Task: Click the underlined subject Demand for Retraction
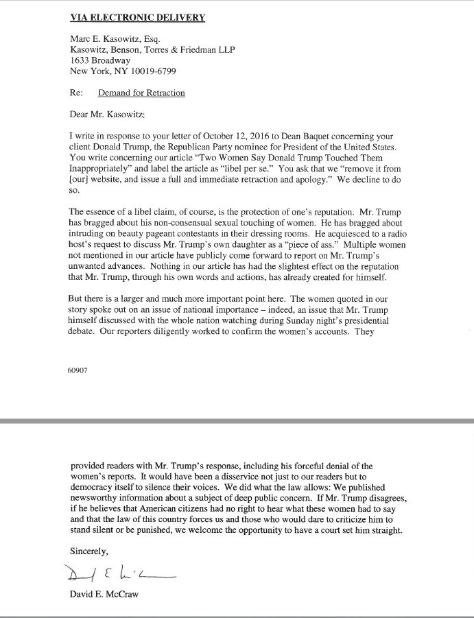(x=141, y=93)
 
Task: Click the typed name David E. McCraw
(x=105, y=595)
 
